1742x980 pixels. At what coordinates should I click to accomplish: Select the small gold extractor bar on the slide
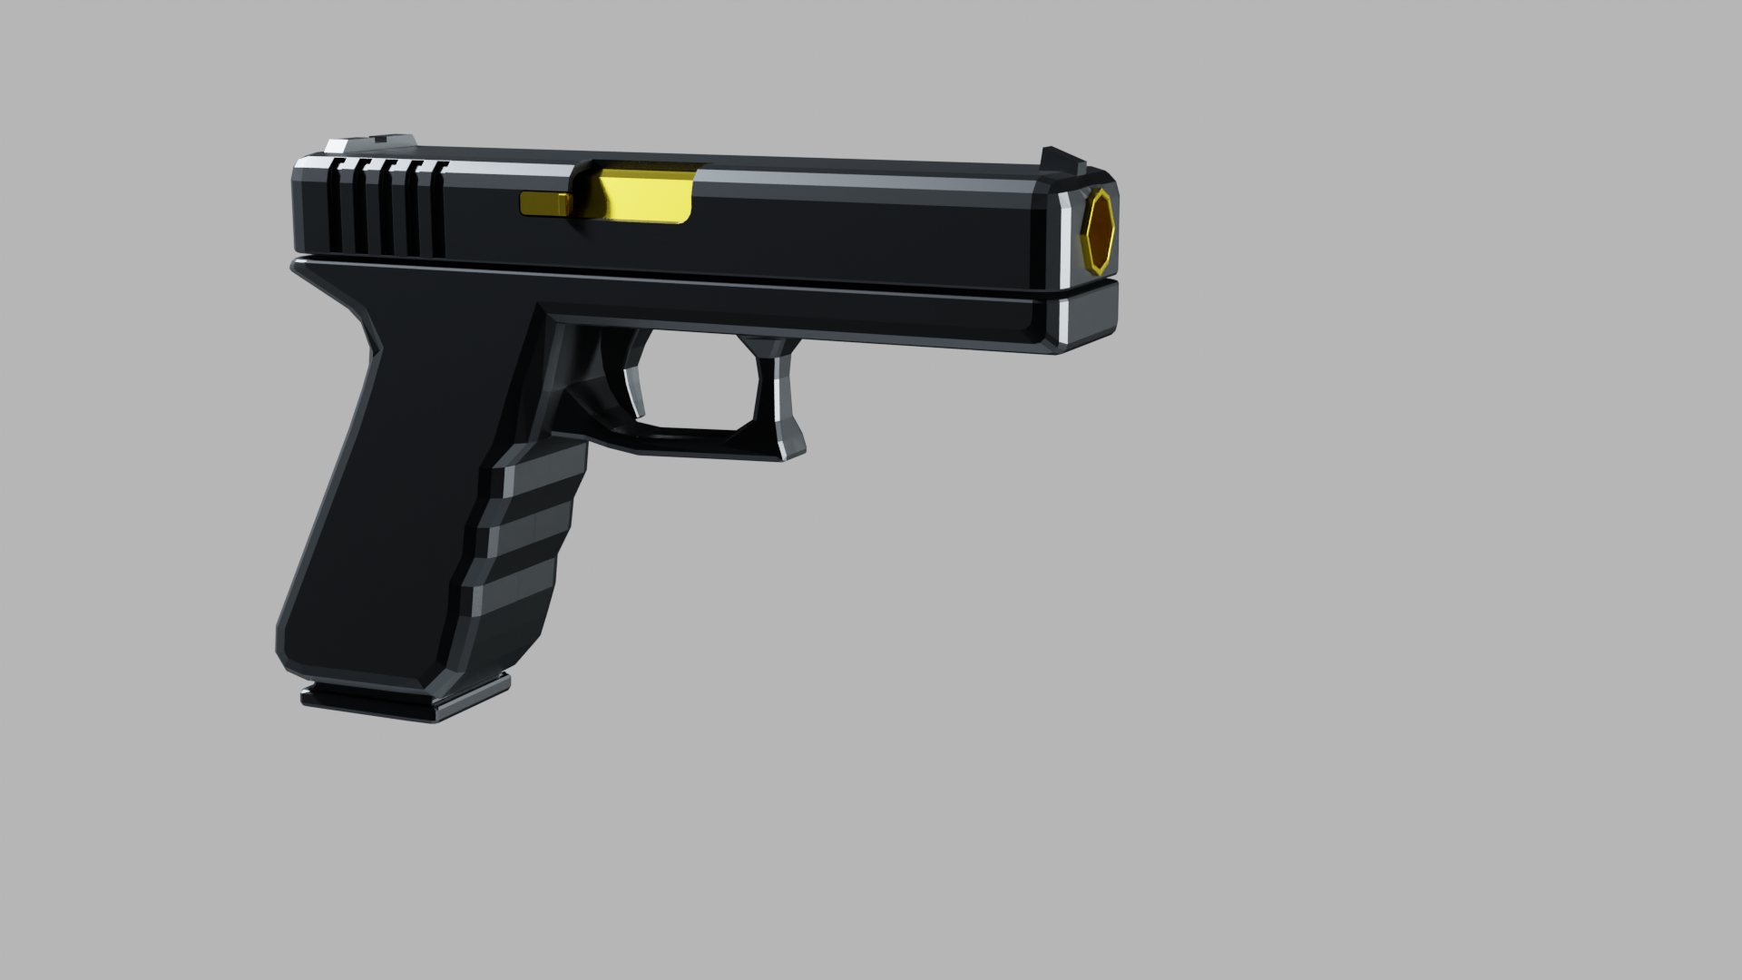pos(544,205)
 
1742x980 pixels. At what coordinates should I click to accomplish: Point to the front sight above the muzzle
pos(1062,160)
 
